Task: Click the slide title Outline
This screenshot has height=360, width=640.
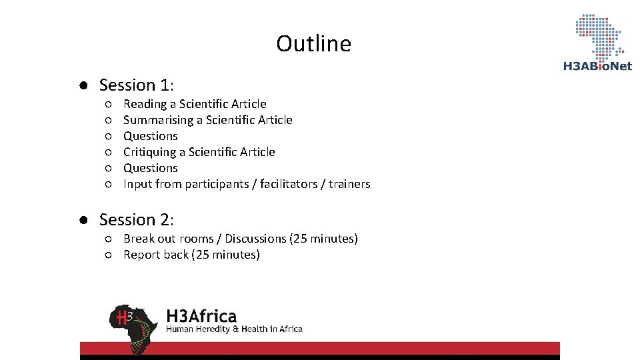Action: [313, 44]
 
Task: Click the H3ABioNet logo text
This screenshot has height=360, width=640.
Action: [597, 66]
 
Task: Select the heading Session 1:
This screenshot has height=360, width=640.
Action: [137, 85]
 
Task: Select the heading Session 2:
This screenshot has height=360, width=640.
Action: [137, 220]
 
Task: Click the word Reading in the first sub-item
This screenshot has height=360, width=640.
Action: [145, 104]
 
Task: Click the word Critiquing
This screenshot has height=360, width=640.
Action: [149, 152]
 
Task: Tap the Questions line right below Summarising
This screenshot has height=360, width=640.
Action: [151, 136]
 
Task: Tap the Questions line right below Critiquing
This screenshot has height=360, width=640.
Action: [151, 168]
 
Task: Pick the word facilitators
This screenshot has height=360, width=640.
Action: [287, 184]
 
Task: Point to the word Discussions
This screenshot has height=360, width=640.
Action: [255, 239]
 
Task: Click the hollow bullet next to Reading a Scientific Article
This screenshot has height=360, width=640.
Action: [108, 104]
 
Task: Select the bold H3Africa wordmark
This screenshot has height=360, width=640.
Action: [201, 315]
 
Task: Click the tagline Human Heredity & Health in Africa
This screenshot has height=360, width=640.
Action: [234, 329]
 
